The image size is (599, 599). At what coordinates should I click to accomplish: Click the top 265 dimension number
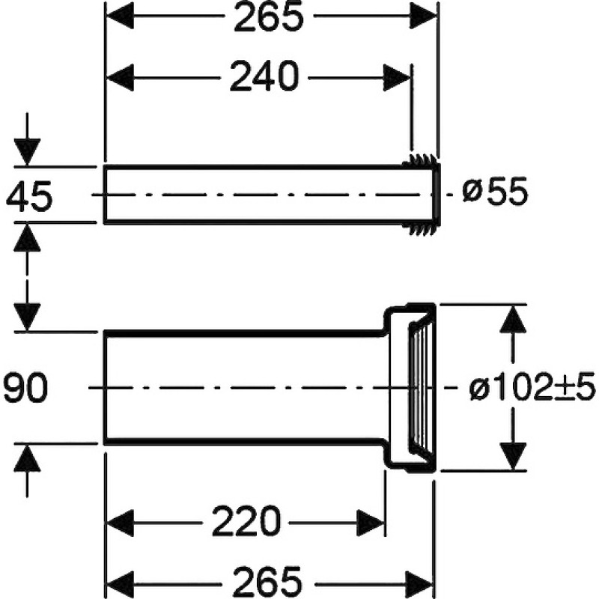pos(269,17)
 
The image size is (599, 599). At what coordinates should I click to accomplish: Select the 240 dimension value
pos(264,76)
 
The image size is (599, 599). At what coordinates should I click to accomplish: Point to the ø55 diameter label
pos(495,192)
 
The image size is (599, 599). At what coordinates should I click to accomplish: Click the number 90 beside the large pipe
pos(25,388)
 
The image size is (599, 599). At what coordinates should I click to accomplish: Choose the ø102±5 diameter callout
pos(532,386)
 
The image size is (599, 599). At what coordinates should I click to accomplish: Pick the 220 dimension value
pos(246,521)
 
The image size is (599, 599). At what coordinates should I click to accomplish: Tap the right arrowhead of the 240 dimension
pos(397,78)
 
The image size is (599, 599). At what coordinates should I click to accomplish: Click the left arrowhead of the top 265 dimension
pos(120,15)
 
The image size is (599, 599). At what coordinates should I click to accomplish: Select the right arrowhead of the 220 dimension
pos(370,523)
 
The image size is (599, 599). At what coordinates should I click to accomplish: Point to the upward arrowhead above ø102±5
pos(513,319)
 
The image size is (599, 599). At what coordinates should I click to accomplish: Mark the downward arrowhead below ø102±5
pos(513,456)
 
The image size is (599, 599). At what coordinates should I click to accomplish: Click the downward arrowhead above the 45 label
pos(27,153)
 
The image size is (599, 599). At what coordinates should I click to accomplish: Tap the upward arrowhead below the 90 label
pos(27,458)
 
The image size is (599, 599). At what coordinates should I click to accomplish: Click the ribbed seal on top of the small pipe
pos(419,160)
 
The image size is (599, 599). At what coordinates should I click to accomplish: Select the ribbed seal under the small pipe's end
pos(420,230)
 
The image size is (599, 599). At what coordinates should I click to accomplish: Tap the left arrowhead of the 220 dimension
pos(120,523)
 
